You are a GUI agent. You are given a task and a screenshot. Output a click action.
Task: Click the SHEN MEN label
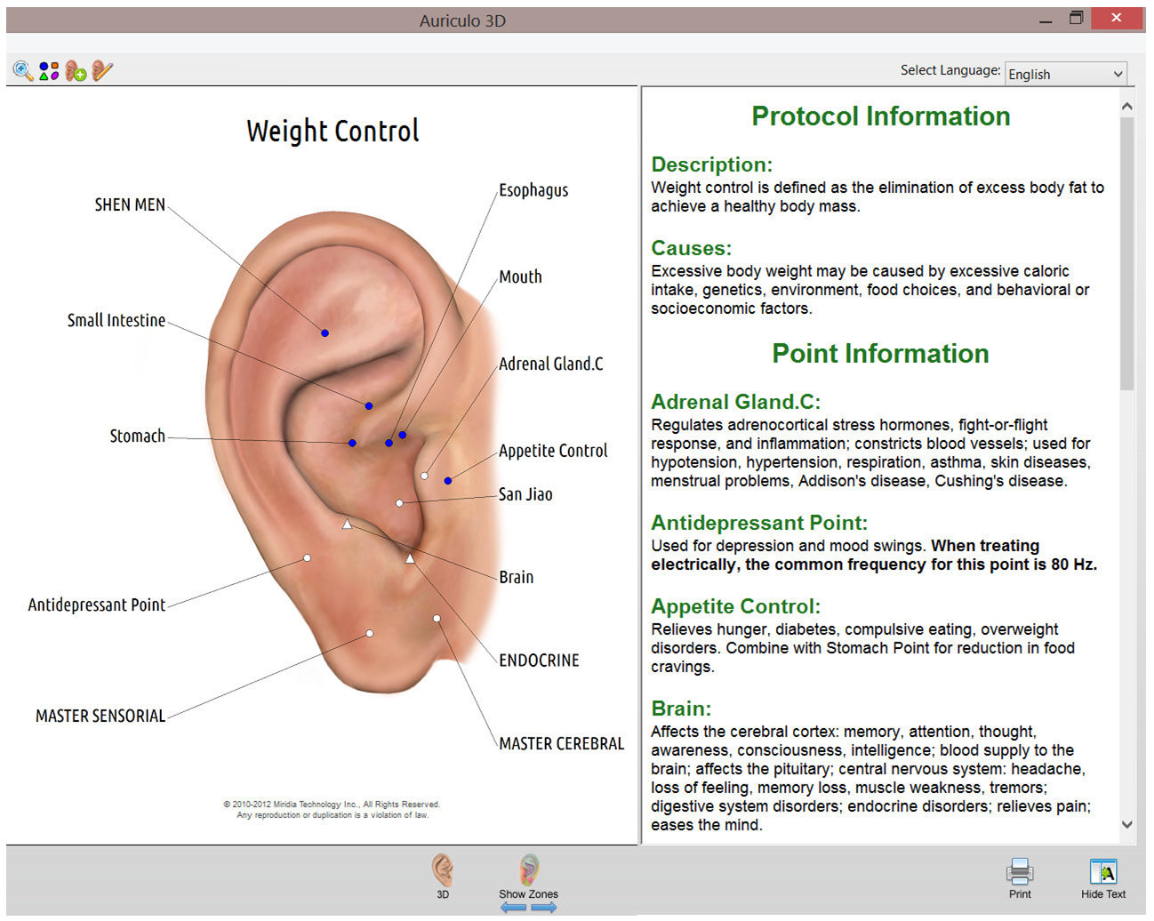pos(130,204)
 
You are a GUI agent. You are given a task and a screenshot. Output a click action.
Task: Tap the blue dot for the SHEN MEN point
pos(325,333)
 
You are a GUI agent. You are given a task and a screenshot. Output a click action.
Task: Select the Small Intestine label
pos(116,320)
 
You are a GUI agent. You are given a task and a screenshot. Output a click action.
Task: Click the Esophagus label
pos(533,190)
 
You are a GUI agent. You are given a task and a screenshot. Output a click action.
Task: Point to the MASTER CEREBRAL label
pos(562,743)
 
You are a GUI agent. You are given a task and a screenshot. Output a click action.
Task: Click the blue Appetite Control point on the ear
pos(448,481)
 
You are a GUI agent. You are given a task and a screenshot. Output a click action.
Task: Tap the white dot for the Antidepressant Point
pos(308,558)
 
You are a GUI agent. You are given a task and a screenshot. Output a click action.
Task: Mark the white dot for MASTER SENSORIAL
pos(370,634)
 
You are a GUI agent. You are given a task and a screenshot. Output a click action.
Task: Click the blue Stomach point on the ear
pos(352,443)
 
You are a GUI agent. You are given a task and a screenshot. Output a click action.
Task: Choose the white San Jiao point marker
pos(399,503)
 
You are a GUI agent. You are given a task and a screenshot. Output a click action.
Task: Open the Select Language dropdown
pos(1065,74)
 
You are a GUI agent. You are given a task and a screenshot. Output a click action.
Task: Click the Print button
pos(1020,877)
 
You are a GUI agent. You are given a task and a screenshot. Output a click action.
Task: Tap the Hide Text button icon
pos(1103,872)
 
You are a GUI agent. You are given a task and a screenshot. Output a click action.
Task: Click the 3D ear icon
pos(443,870)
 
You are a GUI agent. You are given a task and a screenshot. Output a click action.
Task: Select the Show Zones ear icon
pos(529,869)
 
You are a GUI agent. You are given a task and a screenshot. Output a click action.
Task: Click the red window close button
pos(1117,19)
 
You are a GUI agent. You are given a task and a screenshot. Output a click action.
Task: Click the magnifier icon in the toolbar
pos(23,71)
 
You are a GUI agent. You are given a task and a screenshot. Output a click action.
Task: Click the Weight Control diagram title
pos(333,132)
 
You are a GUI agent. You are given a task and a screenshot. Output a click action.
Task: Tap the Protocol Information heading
pos(880,116)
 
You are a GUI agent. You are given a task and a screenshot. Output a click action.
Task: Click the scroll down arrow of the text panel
pos(1127,824)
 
